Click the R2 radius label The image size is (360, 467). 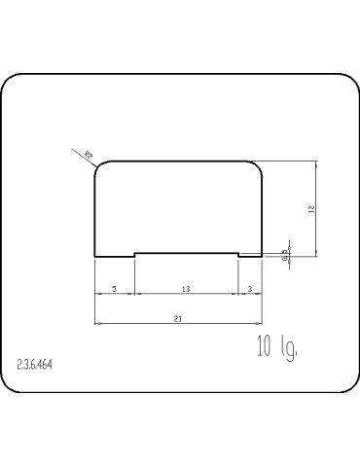(88, 154)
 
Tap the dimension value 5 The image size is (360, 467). (115, 289)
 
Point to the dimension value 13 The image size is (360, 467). (186, 289)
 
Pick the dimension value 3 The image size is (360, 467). (250, 289)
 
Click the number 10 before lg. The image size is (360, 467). (264, 347)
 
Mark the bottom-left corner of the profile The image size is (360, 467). (94, 257)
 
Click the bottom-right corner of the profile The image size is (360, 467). (263, 257)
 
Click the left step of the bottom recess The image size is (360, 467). (134, 255)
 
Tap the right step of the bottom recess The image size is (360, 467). (238, 255)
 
